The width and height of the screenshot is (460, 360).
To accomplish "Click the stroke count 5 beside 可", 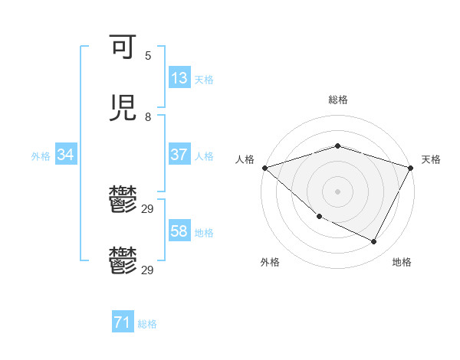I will pos(148,55).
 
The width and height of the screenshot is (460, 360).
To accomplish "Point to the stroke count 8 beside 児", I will pos(148,116).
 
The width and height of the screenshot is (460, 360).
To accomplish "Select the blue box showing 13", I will pos(179,78).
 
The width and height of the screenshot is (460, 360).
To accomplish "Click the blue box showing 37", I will pos(179,155).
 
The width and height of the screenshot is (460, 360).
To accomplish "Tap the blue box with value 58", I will pos(179,231).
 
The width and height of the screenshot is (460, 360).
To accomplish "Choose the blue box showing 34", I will pos(66,155).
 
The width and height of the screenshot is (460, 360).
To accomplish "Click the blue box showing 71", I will pos(123,323).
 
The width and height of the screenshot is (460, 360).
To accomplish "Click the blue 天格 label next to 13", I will pos(204,79).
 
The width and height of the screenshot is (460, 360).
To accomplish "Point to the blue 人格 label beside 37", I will pos(204,155).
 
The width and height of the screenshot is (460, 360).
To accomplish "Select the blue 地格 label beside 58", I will pos(204,232).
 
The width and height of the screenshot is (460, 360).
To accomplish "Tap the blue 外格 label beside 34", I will pos(41,155).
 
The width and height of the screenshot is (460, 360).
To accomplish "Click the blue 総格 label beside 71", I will pos(147,324).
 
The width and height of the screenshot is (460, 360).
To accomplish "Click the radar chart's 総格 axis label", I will pos(337,100).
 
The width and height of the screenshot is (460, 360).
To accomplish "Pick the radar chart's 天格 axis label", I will pos(431,159).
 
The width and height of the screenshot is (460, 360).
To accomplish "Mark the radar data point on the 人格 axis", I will pos(264,168).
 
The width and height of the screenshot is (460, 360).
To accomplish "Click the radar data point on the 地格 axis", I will pos(374,242).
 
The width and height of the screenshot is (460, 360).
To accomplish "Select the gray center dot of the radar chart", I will pos(337,191).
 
